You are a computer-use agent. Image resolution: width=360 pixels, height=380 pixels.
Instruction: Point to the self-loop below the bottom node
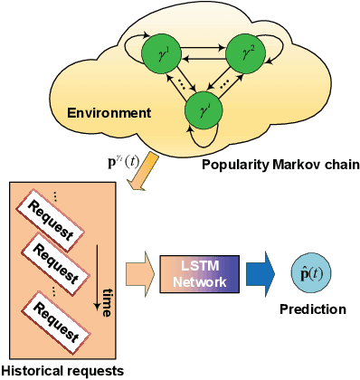(x=203, y=138)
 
